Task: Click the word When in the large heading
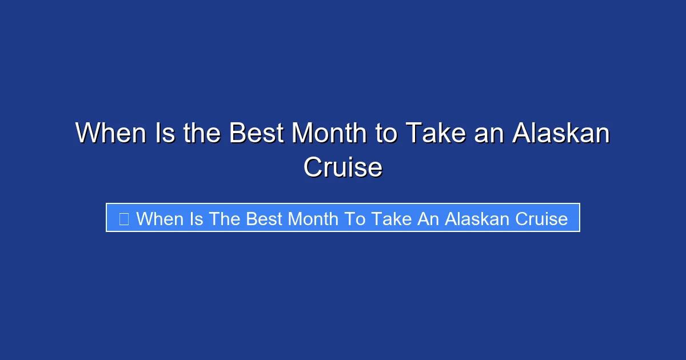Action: pyautogui.click(x=110, y=134)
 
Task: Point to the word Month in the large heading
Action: pyautogui.click(x=328, y=134)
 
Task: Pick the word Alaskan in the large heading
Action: pyautogui.click(x=561, y=134)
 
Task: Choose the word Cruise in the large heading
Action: pyautogui.click(x=343, y=167)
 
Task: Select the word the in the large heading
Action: pyautogui.click(x=203, y=134)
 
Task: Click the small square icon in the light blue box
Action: pyautogui.click(x=123, y=218)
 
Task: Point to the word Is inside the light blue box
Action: pyautogui.click(x=196, y=218)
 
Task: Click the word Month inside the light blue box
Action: pyautogui.click(x=313, y=218)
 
